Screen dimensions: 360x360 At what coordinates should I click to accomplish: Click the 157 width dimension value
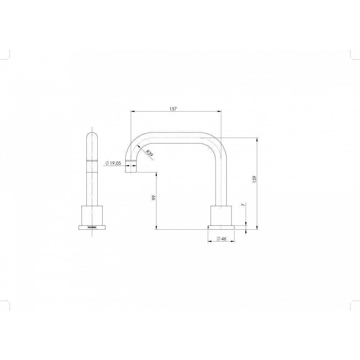click(x=173, y=109)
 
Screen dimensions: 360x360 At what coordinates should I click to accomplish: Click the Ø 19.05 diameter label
click(x=113, y=163)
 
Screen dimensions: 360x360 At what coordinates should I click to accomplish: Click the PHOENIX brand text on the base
click(x=92, y=228)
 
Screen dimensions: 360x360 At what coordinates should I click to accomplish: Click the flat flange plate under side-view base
click(x=221, y=227)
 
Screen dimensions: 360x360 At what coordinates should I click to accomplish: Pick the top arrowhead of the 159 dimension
click(x=257, y=139)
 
